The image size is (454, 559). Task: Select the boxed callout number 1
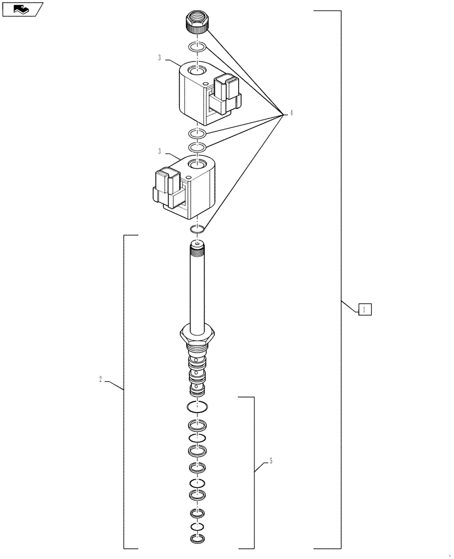tap(364, 309)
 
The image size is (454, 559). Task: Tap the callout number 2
tap(100, 380)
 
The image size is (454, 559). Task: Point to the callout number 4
tap(291, 113)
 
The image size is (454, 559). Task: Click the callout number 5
tap(271, 461)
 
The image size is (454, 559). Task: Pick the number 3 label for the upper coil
tap(159, 58)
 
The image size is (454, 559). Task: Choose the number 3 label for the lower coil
tap(159, 151)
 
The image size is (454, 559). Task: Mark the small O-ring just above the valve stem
tap(196, 229)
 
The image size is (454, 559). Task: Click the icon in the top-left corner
tap(22, 9)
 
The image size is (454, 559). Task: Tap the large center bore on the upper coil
tap(196, 71)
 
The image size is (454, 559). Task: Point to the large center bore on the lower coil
tap(196, 164)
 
